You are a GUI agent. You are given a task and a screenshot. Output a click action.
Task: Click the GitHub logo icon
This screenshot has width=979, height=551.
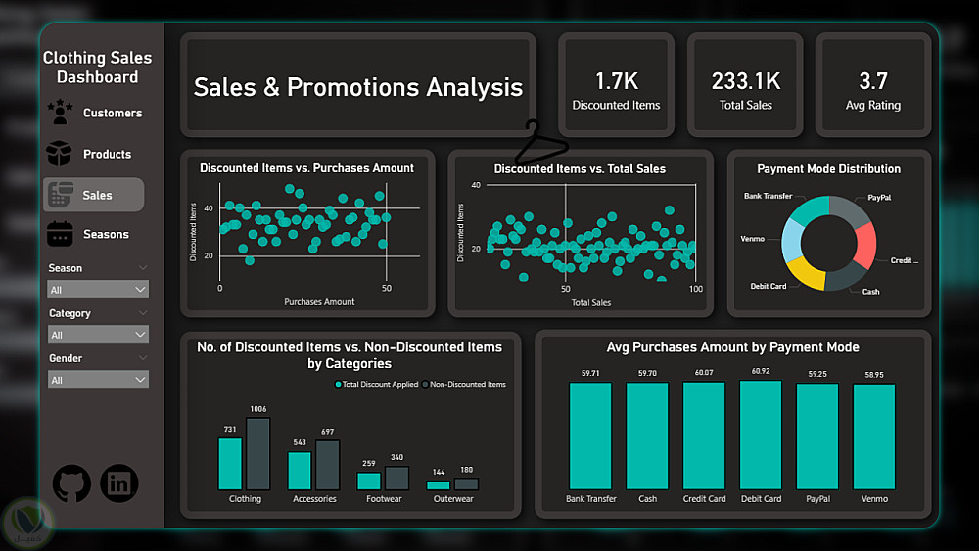pos(71,482)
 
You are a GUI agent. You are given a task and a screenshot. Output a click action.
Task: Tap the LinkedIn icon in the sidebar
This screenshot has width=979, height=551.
pos(119,482)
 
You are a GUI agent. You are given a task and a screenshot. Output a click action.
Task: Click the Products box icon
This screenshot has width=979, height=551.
pos(60,154)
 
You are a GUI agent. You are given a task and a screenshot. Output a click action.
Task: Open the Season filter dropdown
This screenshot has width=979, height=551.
pos(98,290)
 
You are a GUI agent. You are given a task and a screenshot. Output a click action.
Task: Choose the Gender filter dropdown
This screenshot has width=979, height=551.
pos(98,380)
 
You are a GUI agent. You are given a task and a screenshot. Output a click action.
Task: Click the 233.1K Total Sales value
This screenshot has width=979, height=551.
pos(745,81)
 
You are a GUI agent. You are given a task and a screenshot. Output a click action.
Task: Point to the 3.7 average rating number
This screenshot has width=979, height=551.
pos(872,81)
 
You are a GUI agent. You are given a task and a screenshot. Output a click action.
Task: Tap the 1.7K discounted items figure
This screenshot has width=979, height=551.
pos(616,81)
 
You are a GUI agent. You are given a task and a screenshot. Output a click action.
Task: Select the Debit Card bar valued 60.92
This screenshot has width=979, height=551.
pos(761,436)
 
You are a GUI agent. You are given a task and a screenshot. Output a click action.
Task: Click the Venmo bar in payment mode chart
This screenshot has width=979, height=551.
pos(873,437)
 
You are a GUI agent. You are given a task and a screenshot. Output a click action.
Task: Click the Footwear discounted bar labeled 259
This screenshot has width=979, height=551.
pos(368,481)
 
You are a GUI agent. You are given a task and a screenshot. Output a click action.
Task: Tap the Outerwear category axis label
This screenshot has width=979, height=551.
pos(452,499)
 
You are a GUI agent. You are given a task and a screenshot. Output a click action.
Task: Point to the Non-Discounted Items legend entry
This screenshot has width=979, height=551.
pos(466,385)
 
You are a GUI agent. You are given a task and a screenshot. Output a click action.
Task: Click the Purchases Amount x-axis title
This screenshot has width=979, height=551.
pos(319,302)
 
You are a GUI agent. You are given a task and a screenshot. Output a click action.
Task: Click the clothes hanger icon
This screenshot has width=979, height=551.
pos(540,145)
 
